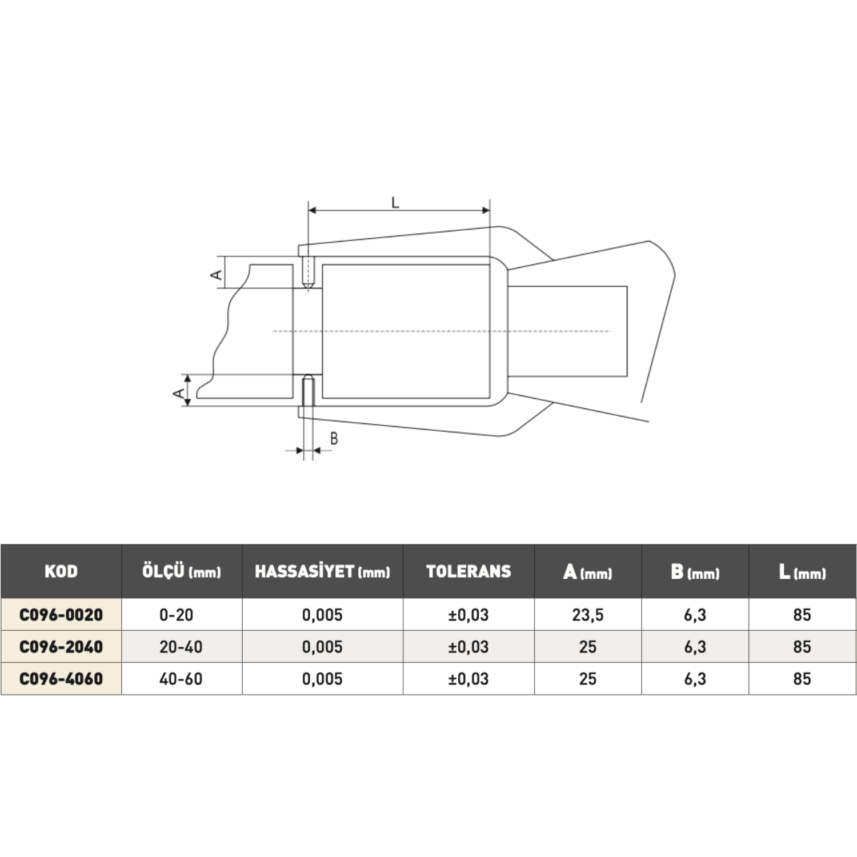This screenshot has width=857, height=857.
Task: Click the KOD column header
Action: click(x=61, y=571)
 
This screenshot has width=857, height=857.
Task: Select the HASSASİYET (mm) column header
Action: click(x=322, y=571)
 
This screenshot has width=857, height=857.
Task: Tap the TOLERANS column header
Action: click(x=468, y=571)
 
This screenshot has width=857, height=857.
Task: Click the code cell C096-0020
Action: click(x=61, y=615)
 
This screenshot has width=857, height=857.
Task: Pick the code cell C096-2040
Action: click(x=61, y=647)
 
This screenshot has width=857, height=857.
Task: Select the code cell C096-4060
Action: click(x=61, y=679)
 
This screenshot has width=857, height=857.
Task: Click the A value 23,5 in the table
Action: click(x=588, y=615)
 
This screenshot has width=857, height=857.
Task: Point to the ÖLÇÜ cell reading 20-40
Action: click(x=181, y=647)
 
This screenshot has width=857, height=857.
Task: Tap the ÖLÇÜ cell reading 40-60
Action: click(x=181, y=679)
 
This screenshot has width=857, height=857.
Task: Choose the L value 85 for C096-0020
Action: click(x=802, y=615)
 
